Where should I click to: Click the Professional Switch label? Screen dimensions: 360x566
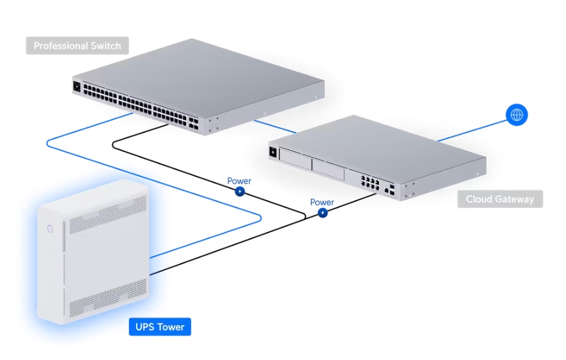(77, 46)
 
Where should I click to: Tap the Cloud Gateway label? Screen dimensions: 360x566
(499, 199)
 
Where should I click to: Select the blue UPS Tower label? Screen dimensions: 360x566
(160, 327)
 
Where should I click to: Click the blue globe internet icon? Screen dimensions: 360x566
(517, 114)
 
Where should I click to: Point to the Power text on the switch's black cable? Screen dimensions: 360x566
(239, 181)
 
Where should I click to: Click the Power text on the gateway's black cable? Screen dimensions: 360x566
(322, 203)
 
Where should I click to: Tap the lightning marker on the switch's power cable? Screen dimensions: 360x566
(240, 192)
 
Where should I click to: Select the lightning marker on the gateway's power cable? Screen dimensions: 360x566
(322, 213)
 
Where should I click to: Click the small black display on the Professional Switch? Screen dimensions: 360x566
(77, 87)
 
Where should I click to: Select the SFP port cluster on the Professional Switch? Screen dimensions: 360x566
(194, 122)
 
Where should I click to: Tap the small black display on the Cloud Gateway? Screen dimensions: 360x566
(272, 151)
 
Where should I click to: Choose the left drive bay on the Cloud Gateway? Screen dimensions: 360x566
(294, 160)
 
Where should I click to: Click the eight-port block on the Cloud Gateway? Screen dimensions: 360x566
(369, 182)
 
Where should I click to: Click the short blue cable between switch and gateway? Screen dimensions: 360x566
(275, 126)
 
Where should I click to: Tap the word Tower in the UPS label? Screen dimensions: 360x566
(172, 327)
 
